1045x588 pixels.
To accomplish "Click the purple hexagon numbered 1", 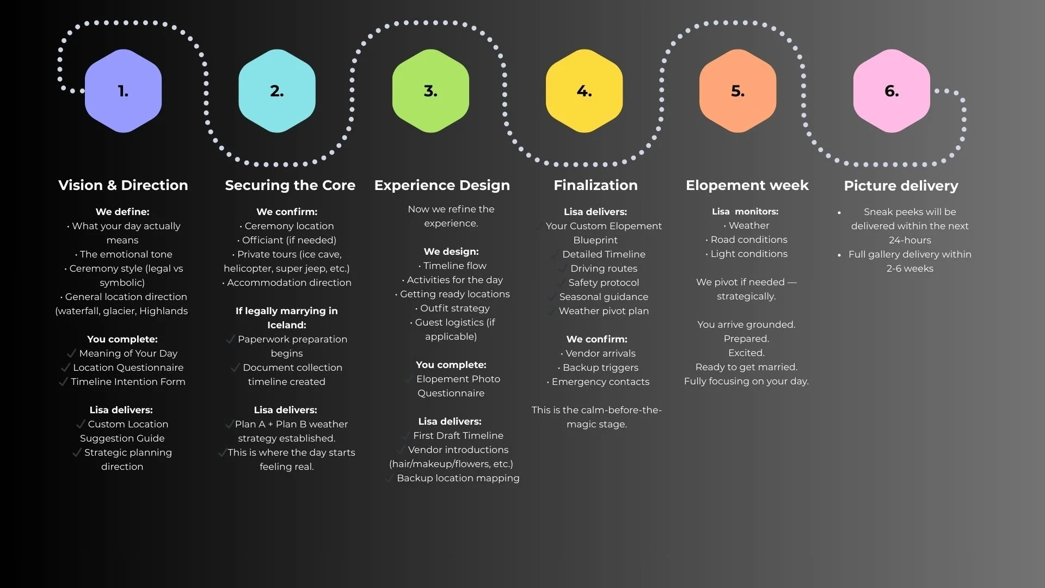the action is (x=123, y=91).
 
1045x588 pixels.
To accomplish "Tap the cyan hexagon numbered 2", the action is (x=276, y=91).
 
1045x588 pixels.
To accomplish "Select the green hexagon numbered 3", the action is (x=431, y=91).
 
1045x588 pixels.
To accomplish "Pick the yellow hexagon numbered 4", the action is (x=584, y=91).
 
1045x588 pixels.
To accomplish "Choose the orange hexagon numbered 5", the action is (x=737, y=91).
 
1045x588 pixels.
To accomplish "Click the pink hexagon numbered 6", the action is (x=892, y=91).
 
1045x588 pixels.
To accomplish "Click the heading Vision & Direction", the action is (x=123, y=185).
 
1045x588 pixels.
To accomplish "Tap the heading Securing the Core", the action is (x=290, y=185).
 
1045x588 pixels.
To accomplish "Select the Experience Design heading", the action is (x=442, y=185).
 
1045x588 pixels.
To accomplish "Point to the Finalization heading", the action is (x=595, y=185).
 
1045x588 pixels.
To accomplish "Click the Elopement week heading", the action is (x=747, y=185).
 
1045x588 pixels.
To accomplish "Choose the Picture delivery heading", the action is (x=901, y=186).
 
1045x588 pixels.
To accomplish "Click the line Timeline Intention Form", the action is (x=128, y=382).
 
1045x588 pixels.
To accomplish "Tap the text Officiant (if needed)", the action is (x=289, y=240).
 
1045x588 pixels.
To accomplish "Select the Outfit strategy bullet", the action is (x=454, y=308).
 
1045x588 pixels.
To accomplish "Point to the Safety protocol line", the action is (x=604, y=283).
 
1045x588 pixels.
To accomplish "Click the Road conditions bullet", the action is (x=749, y=240).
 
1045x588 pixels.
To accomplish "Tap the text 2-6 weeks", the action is (x=909, y=268).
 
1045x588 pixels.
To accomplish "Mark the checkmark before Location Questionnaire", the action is (x=66, y=367).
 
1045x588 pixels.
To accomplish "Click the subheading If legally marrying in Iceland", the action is (x=286, y=318).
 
